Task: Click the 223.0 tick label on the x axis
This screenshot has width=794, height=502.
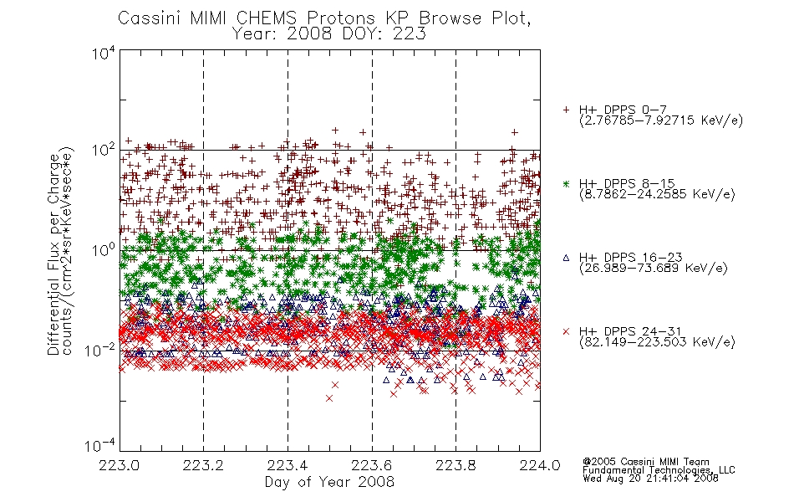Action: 120,465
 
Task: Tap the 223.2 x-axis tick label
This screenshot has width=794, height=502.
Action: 204,465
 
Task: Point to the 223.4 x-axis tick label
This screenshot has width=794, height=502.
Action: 288,465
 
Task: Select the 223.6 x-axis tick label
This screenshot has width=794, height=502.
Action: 372,465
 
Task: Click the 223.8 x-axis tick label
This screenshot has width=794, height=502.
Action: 456,465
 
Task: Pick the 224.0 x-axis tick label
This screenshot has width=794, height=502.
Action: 540,465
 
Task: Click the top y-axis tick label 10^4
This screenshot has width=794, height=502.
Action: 104,53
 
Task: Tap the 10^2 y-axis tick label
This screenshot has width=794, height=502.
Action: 104,151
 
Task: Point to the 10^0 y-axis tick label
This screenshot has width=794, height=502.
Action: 104,250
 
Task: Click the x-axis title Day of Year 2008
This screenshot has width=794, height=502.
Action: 329,482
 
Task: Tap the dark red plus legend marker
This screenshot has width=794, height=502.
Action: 566,110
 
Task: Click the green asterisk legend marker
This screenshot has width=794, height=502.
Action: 566,184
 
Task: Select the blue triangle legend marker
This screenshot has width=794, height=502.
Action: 566,258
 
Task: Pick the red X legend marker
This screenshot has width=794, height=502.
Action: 566,331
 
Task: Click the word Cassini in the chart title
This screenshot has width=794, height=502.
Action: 150,18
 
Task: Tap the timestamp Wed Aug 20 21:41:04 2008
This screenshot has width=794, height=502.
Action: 650,478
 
